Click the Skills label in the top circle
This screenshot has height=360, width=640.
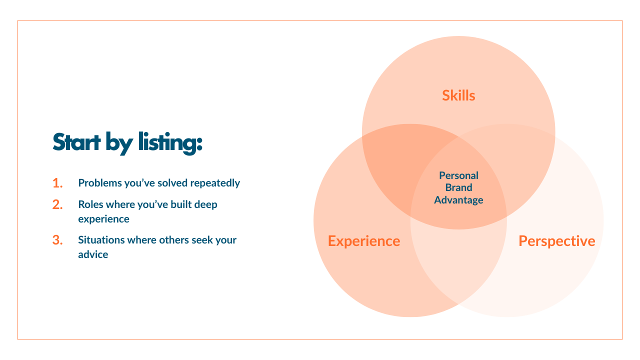coord(458,95)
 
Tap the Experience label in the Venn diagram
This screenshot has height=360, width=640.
coord(364,241)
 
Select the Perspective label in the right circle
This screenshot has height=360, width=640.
coord(557,241)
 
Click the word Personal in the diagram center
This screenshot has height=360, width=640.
coord(458,175)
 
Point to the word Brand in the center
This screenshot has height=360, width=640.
coord(458,188)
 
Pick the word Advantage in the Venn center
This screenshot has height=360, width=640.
coord(458,200)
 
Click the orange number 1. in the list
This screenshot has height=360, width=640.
coord(57,183)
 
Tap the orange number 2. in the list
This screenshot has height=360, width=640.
coord(57,204)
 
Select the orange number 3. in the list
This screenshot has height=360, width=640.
coord(57,240)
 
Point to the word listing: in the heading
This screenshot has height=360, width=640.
coord(170,142)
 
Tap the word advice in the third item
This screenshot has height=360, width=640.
coord(93,254)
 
